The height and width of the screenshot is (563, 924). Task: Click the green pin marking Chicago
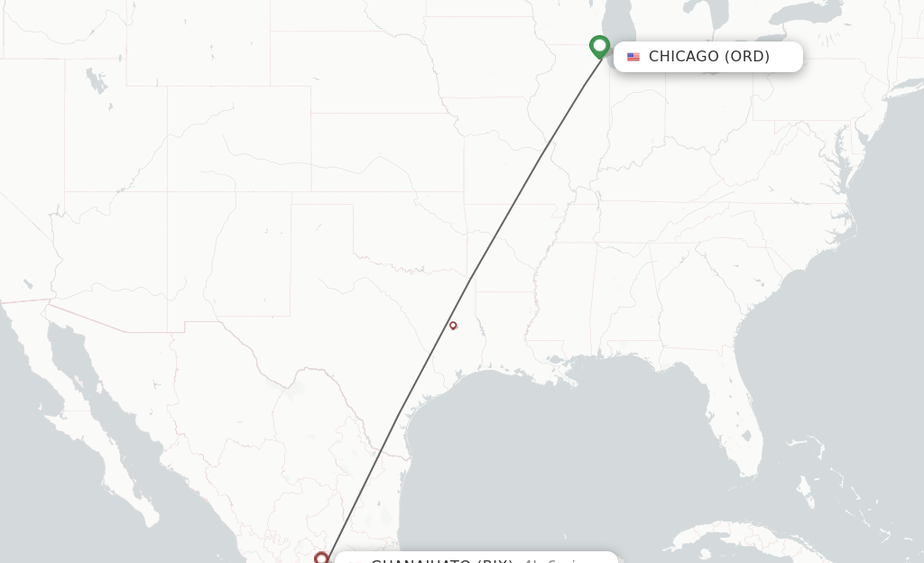pos(599,46)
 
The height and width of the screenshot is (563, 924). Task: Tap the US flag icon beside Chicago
pos(633,57)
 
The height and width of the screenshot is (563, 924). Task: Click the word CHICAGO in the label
pos(683,57)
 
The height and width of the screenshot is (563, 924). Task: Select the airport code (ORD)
pos(747,57)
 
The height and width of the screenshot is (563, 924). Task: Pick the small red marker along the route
pos(453,326)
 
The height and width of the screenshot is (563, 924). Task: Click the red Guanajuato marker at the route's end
pos(320,558)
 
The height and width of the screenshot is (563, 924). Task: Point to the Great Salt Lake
pos(96,82)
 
